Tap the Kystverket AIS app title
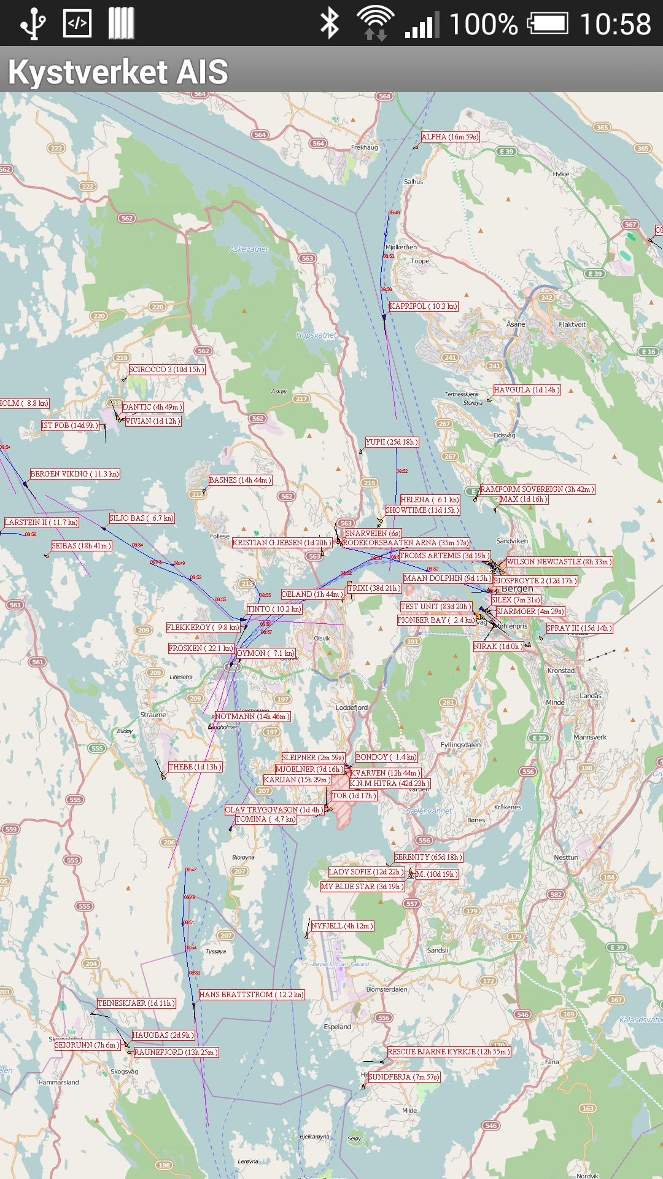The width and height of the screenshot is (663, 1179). coord(118,72)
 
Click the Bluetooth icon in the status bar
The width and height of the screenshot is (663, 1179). coord(330,24)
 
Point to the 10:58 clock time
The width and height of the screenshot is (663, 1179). coord(615,25)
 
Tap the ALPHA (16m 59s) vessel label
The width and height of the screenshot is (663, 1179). coord(450,137)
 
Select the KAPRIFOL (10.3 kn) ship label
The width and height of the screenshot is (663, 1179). coord(424,306)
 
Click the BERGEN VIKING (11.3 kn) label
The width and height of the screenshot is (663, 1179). coord(75,474)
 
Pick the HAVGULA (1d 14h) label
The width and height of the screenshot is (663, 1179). coord(527,390)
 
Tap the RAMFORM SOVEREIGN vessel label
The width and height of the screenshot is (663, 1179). coord(537,489)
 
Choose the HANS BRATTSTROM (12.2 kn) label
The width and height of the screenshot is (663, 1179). coord(252,995)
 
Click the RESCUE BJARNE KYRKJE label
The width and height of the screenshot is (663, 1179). coord(449,1052)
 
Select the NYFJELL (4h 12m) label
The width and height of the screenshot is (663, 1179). coord(342,926)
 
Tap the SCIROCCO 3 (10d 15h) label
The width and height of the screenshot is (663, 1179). coord(166,370)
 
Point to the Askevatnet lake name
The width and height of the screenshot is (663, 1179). coord(249,249)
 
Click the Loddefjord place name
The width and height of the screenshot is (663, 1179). coord(352,707)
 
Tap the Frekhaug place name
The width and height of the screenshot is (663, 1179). coord(365,147)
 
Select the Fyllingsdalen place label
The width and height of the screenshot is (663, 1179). coord(460,745)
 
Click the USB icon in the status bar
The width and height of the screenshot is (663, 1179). coord(32,24)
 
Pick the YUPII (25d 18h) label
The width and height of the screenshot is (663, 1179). coord(392,442)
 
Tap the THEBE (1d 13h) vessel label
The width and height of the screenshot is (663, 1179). coord(195,767)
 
